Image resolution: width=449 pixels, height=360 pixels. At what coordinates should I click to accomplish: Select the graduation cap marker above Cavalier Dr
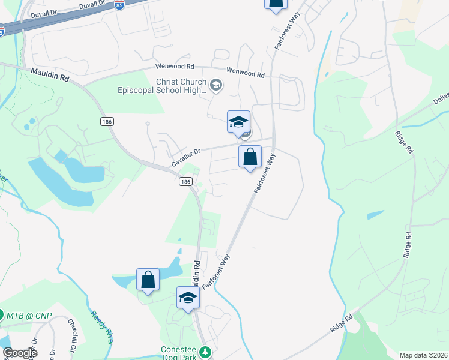pos(238,122)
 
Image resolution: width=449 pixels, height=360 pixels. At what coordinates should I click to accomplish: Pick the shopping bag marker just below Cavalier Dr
pos(250,158)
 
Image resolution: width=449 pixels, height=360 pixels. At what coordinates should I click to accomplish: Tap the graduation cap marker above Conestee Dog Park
pos(188,298)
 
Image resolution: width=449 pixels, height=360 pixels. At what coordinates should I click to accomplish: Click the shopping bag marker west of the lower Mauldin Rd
pos(148,280)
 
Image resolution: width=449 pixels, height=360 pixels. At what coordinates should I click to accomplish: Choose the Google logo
pos(20,352)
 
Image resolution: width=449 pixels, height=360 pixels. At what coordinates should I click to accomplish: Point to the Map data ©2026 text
pos(423,355)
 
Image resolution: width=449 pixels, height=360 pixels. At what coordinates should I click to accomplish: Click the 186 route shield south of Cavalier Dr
pos(186,181)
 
